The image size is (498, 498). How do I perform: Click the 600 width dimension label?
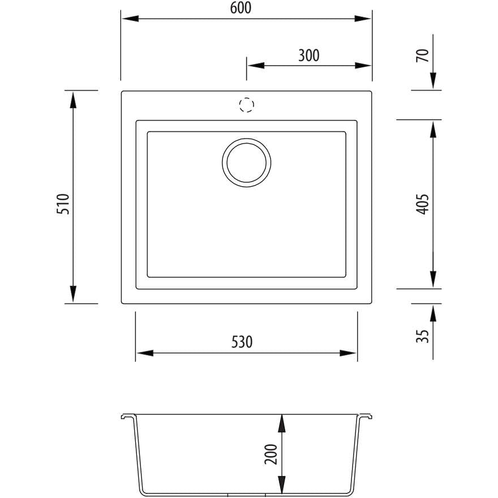241,8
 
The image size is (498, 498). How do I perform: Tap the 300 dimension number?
309,55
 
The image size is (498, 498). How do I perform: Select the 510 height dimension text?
63,204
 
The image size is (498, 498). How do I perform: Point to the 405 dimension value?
422,204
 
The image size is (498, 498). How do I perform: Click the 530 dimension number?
242,342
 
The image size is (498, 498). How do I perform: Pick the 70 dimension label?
423,56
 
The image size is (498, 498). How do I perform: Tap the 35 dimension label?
423,336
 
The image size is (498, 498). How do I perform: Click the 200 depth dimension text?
271,454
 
